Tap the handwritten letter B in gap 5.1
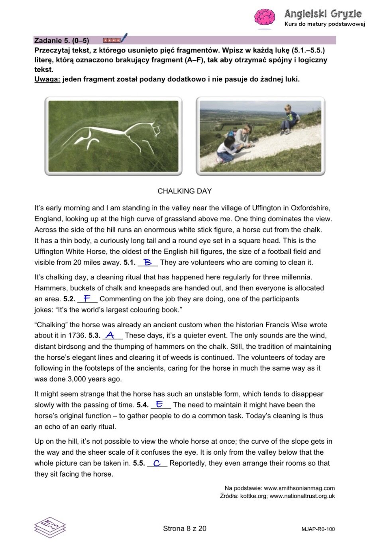(148, 262)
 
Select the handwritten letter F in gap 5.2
(87, 298)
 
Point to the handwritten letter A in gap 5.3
(110, 335)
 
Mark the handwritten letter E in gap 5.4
(159, 404)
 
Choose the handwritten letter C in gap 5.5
(157, 463)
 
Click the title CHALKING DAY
(185, 191)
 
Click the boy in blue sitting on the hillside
(290, 118)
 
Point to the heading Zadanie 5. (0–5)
(62, 40)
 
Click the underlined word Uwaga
(47, 79)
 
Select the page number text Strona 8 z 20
(185, 528)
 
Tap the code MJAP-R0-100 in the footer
(318, 529)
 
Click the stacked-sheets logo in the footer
(50, 527)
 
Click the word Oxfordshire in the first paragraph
(310, 208)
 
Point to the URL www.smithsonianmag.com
(299, 488)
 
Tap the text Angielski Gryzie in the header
(323, 14)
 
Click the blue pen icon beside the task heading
(124, 38)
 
